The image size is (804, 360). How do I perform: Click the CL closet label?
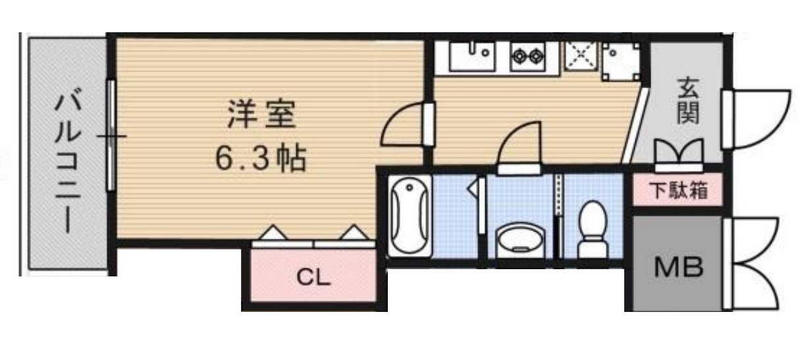[312, 277]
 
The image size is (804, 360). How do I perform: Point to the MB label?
[678, 267]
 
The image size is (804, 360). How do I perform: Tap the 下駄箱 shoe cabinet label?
[678, 192]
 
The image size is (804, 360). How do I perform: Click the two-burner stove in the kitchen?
[527, 55]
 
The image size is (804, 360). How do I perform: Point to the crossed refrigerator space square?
[579, 57]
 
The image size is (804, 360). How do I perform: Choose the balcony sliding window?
[111, 137]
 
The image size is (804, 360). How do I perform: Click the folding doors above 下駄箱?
[679, 151]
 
